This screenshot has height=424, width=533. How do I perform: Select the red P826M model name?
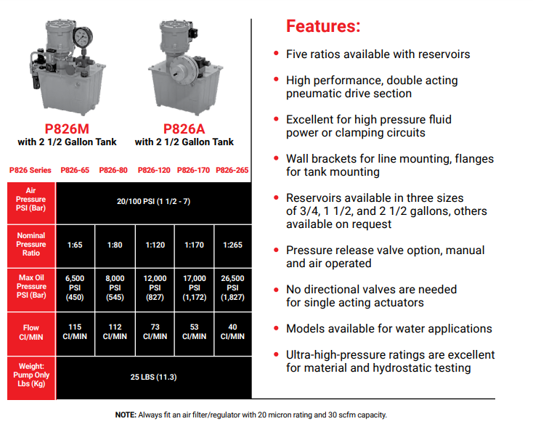pyautogui.click(x=67, y=129)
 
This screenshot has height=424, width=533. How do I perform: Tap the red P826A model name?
pyautogui.click(x=184, y=129)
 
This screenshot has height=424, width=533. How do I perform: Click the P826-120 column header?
pyautogui.click(x=154, y=170)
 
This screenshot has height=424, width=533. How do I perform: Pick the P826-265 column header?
pyautogui.click(x=232, y=170)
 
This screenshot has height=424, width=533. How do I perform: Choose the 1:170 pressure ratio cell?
pyautogui.click(x=194, y=245)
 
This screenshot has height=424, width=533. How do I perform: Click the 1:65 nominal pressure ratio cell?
pyautogui.click(x=75, y=245)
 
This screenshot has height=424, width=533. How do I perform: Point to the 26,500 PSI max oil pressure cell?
pyautogui.click(x=232, y=288)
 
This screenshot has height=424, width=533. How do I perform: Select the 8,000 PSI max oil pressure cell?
pyautogui.click(x=115, y=288)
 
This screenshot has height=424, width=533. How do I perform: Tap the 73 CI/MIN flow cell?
pyautogui.click(x=155, y=332)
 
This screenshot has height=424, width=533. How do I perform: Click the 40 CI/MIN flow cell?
pyautogui.click(x=232, y=332)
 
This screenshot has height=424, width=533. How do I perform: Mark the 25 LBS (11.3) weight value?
pyautogui.click(x=154, y=377)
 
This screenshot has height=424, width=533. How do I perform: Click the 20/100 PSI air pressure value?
pyautogui.click(x=154, y=201)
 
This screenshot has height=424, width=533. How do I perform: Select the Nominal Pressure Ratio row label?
pyautogui.click(x=31, y=244)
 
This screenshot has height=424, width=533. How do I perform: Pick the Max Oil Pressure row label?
pyautogui.click(x=31, y=286)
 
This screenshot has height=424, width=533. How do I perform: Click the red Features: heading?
pyautogui.click(x=323, y=26)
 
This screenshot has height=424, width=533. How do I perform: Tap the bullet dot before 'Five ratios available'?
pyautogui.click(x=277, y=53)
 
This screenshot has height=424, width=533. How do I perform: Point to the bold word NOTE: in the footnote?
pyautogui.click(x=126, y=415)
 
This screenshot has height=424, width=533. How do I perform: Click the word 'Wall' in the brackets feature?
pyautogui.click(x=297, y=159)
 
